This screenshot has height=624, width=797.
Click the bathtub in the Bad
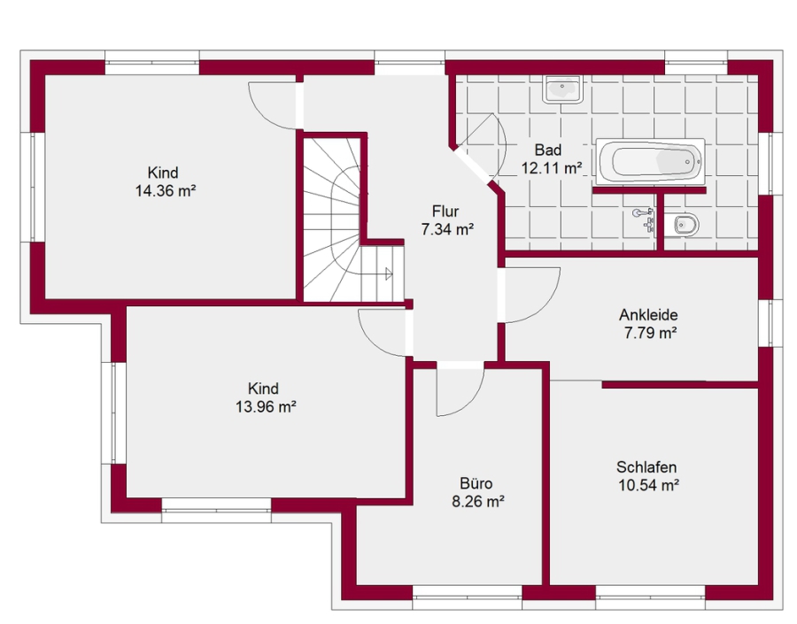click(x=650, y=161)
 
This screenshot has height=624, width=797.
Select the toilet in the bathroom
click(x=682, y=224)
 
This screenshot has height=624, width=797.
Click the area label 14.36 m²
click(x=166, y=191)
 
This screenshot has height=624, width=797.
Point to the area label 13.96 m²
click(x=266, y=407)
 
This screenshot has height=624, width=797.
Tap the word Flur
click(x=445, y=211)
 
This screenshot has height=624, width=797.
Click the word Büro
click(x=476, y=482)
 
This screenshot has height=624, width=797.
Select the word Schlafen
click(x=646, y=466)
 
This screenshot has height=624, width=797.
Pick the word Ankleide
click(x=648, y=314)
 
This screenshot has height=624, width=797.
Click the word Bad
click(x=548, y=150)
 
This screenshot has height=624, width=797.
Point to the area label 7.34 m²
click(x=447, y=229)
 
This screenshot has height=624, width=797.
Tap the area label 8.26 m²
click(x=478, y=502)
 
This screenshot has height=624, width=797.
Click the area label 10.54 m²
click(x=648, y=485)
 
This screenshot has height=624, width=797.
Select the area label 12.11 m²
click(x=552, y=167)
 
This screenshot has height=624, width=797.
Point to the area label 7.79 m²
click(x=651, y=334)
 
